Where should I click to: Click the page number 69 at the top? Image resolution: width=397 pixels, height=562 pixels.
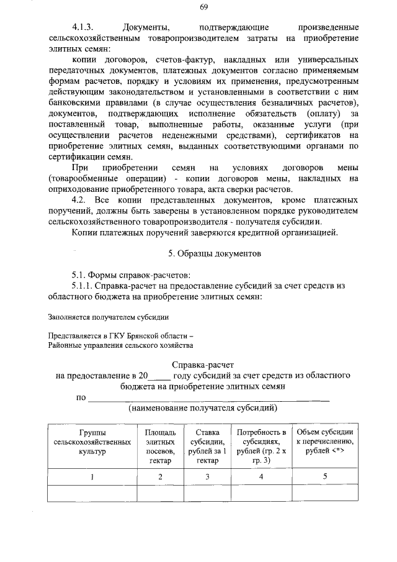203,7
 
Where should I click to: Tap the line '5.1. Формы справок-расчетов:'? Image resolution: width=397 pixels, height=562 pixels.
130,274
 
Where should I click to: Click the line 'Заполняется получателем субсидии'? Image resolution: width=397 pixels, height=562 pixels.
108,317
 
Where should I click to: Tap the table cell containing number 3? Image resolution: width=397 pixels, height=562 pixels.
208,477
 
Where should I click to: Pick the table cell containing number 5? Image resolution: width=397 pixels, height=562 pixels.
325,477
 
